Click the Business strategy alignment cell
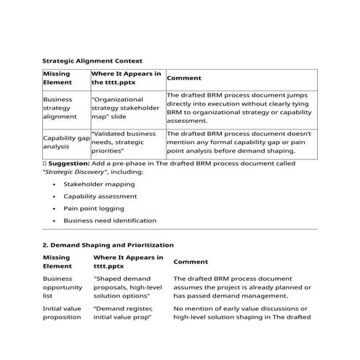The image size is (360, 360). tap(64, 107)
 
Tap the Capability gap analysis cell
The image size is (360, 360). tap(66, 142)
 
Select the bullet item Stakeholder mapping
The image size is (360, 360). tap(99, 184)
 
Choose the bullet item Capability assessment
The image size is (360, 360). tap(100, 196)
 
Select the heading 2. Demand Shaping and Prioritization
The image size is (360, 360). tap(108, 245)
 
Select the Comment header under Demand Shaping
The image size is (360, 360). tap(191, 261)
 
